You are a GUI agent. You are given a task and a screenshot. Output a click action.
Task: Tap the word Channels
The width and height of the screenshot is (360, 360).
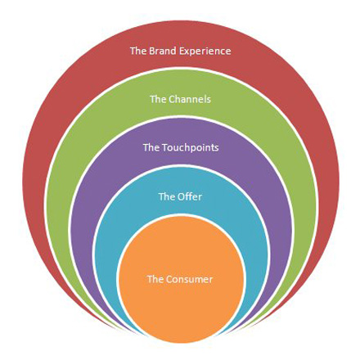click(x=190, y=99)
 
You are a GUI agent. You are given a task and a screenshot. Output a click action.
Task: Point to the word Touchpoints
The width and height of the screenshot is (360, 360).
click(x=191, y=148)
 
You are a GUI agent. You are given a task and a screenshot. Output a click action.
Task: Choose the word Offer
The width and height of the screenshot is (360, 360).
click(x=190, y=196)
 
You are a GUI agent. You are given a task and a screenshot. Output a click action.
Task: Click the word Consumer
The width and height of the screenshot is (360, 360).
click(x=189, y=279)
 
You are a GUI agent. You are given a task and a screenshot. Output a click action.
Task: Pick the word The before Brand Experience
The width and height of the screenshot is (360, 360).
click(x=138, y=51)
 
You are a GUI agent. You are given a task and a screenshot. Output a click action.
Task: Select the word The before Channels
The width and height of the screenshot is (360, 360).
click(x=158, y=99)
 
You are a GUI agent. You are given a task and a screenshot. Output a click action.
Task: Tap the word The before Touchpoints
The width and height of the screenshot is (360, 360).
click(x=151, y=147)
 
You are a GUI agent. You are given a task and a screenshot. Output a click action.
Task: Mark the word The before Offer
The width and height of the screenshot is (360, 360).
click(x=166, y=196)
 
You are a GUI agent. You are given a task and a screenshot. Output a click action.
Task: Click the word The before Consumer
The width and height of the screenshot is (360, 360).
click(x=155, y=279)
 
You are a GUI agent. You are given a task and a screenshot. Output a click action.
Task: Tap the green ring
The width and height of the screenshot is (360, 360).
click(x=180, y=82)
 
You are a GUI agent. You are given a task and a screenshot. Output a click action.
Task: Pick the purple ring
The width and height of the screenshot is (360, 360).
click(x=180, y=131)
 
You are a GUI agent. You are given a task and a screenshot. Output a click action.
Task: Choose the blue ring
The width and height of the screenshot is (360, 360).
click(x=180, y=180)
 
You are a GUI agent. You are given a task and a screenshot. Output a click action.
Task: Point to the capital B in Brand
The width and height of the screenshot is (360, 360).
click(x=152, y=52)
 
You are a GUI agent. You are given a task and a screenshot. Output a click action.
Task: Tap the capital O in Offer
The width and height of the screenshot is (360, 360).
click(x=182, y=196)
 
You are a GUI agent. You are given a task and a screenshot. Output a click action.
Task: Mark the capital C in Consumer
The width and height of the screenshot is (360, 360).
click(x=169, y=280)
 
